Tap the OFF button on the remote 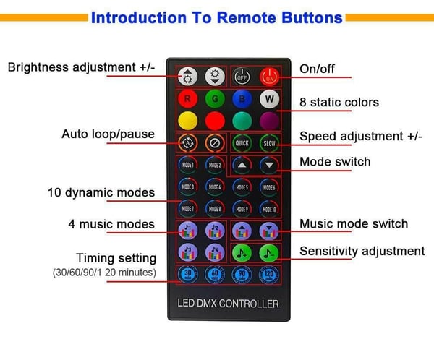(242, 76)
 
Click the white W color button (269, 98)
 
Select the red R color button (187, 98)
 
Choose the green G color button (214, 98)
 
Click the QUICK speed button (242, 142)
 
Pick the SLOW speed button (269, 142)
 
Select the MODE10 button (269, 209)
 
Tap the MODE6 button (269, 187)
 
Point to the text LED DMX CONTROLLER (228, 304)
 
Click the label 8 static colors (339, 103)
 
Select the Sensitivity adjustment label (362, 252)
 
